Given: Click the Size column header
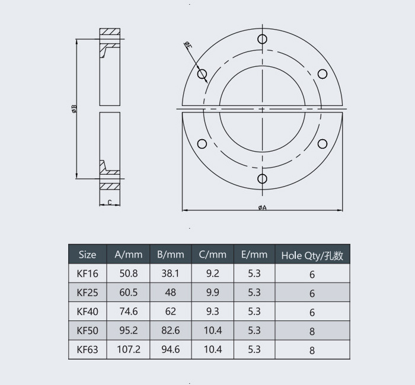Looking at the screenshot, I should point(87,255).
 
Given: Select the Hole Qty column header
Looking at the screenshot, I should point(312,255).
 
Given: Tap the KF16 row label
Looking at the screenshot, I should point(87,274).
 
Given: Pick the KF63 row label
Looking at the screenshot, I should point(87,349).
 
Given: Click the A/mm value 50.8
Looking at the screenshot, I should point(129,274).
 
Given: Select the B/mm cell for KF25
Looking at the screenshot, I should point(170,293).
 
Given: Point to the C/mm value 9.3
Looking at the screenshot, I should point(213,312).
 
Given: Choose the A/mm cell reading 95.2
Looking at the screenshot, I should point(129,331).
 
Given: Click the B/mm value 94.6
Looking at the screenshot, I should point(170,349).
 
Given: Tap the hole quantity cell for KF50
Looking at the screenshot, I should point(312,331).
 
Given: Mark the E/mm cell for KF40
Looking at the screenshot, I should point(254,312).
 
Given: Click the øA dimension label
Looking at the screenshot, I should point(262,207).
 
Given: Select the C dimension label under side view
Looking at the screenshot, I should point(110,203).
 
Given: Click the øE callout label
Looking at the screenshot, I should point(187,45).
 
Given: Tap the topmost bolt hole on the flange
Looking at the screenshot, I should point(262,39).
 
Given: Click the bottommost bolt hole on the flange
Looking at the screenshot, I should point(262,178).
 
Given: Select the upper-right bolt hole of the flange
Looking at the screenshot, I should point(323,74).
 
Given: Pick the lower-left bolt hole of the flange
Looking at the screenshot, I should point(202,143).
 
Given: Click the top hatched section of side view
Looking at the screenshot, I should point(110,31).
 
